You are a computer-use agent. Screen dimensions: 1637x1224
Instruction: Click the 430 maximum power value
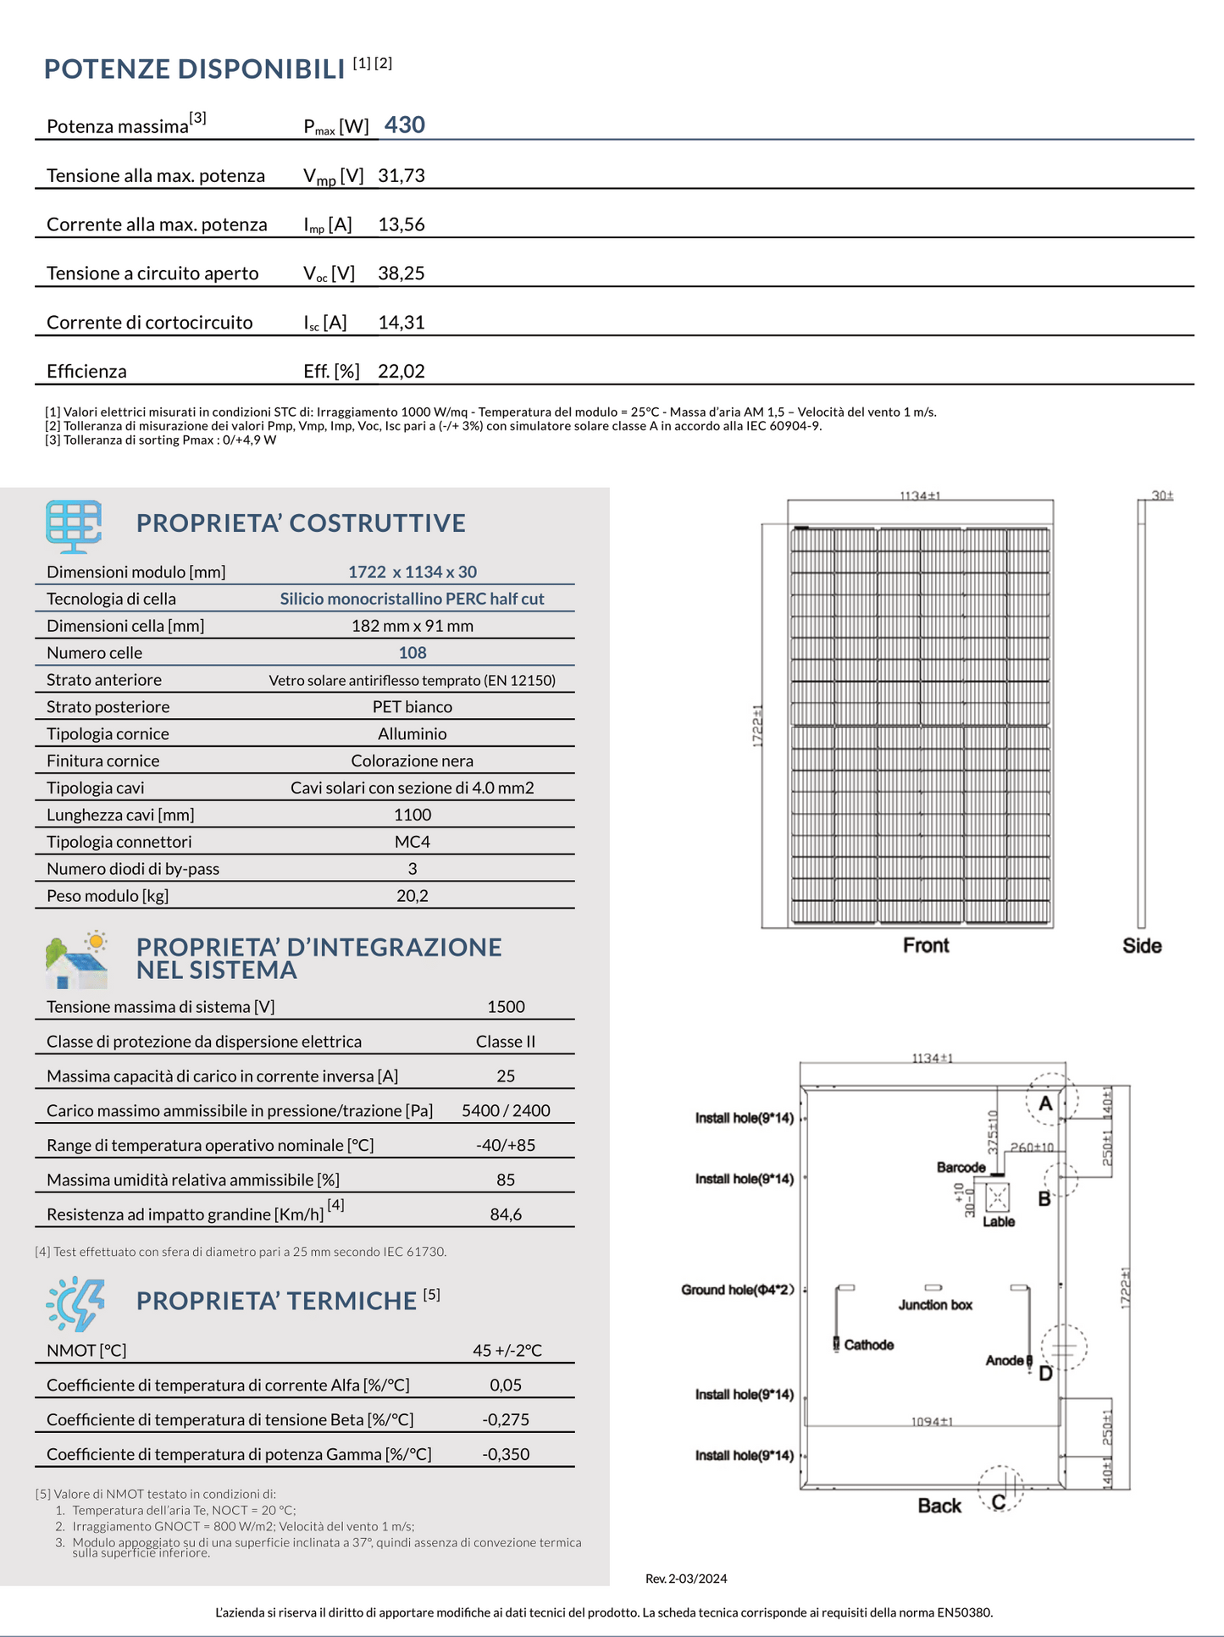pos(404,125)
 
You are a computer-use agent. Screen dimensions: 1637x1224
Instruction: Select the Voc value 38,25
pos(401,274)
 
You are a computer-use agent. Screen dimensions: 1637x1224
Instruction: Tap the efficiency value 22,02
pos(401,372)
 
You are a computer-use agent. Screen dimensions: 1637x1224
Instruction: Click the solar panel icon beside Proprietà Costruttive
pos(74,525)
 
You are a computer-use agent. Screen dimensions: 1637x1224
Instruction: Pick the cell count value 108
pos(413,653)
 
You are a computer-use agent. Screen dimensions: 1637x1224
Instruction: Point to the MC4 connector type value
pos(413,842)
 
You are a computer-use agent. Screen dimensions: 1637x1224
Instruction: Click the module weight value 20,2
pos(413,896)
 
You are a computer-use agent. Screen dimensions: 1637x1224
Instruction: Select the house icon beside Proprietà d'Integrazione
pos(76,961)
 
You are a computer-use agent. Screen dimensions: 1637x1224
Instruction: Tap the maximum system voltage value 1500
pos(506,1007)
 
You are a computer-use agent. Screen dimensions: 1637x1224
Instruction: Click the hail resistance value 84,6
pos(506,1214)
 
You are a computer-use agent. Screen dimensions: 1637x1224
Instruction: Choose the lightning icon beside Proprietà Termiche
pos(76,1303)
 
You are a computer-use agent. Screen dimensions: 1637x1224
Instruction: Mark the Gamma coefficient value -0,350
pos(506,1454)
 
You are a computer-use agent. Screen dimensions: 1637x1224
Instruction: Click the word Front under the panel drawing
pos(926,946)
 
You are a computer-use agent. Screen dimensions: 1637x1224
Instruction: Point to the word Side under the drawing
pos(1142,946)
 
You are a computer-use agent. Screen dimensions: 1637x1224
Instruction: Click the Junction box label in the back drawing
pos(935,1305)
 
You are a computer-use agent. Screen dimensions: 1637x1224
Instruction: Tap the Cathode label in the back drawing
pos(868,1345)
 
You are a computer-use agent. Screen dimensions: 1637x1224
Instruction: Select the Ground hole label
pos(737,1290)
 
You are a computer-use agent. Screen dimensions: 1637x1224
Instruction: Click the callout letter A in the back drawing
pos(1045,1103)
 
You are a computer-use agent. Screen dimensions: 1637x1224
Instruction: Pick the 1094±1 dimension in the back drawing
pos(932,1421)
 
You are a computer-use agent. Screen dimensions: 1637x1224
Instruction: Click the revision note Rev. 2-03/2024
pos(686,1579)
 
